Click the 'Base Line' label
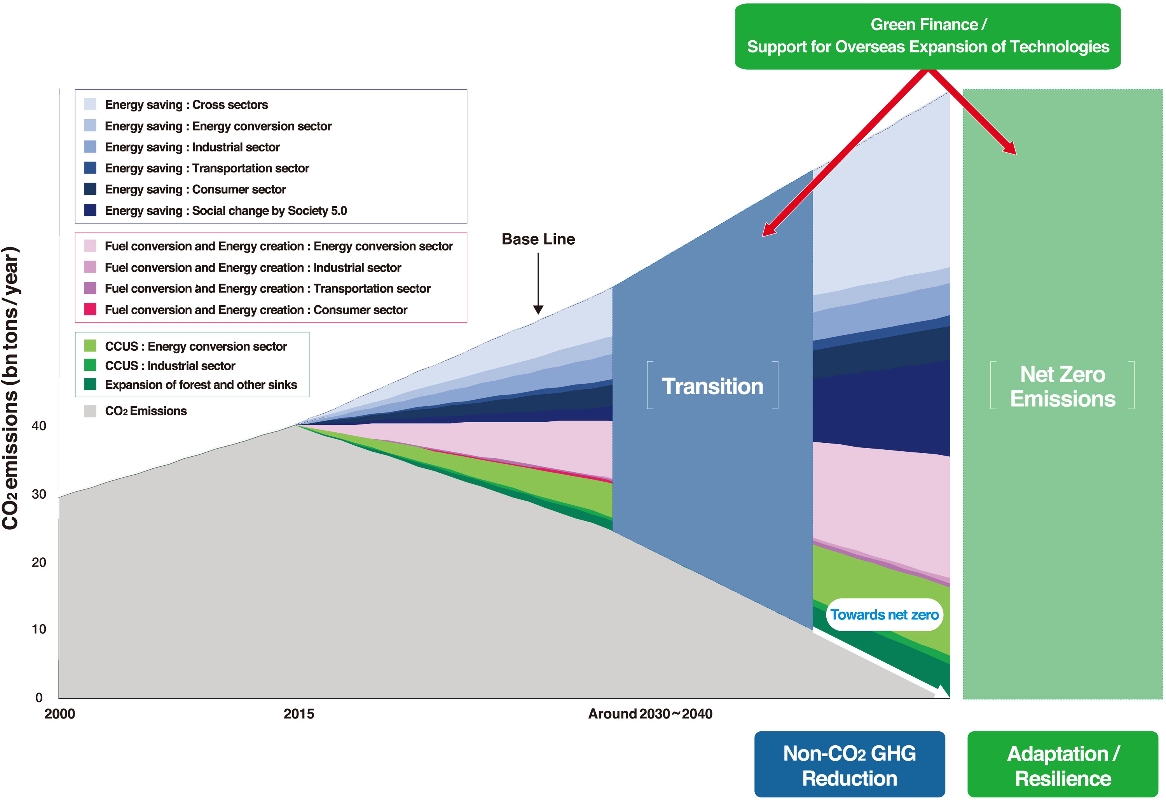tap(538, 239)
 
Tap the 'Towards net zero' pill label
tap(885, 614)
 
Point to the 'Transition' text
tap(712, 386)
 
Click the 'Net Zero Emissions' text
tap(1063, 386)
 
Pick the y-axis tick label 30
tap(39, 494)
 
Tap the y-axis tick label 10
tap(39, 629)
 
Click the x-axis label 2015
tap(298, 714)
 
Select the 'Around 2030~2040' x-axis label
tap(650, 714)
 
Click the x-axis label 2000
tap(59, 714)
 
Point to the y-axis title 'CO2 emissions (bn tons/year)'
tap(10, 388)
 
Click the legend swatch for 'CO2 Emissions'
tap(90, 411)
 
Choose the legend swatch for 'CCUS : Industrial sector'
tap(90, 365)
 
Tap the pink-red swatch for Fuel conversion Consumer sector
tap(90, 310)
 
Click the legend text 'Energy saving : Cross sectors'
tap(186, 104)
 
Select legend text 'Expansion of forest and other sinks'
tap(201, 385)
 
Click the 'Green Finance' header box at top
tap(928, 36)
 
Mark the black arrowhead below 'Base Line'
tap(538, 309)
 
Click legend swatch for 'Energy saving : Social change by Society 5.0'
tap(90, 210)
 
